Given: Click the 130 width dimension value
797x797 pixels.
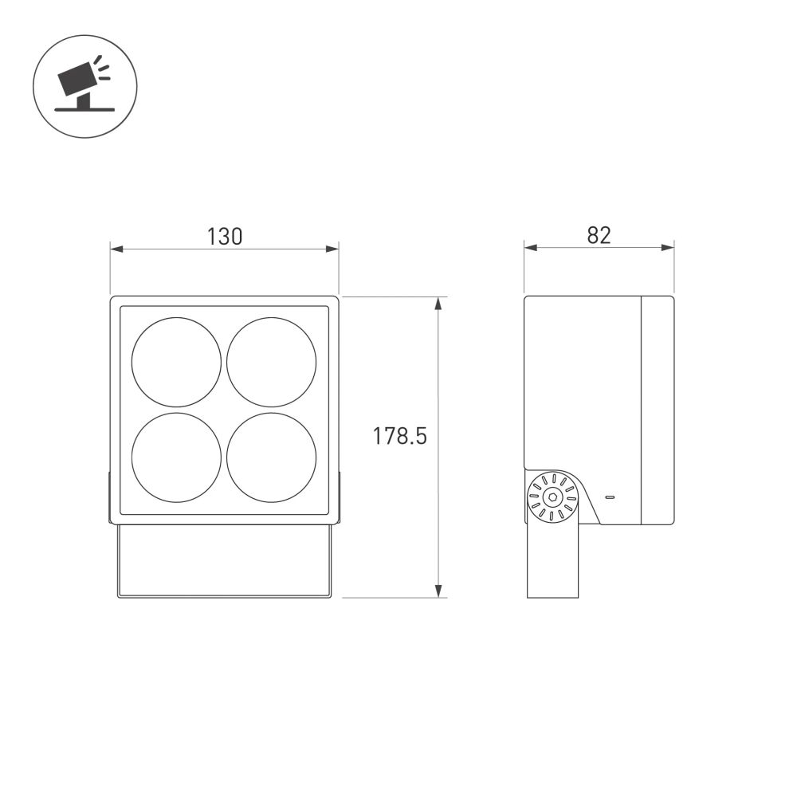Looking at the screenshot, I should (224, 236).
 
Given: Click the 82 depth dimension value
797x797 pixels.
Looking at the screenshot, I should (599, 235).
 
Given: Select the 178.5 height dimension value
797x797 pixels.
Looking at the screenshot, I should (401, 437).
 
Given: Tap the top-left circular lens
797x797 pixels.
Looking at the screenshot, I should (176, 362).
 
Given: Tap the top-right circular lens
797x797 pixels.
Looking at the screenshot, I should (272, 362).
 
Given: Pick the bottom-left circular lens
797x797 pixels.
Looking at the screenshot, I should (176, 457).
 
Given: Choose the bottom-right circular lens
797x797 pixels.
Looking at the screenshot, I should (272, 457).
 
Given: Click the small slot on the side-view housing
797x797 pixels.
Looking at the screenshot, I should (610, 497).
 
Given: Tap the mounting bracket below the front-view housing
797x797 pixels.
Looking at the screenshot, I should (224, 561).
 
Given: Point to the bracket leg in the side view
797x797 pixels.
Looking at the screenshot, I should (552, 562).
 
